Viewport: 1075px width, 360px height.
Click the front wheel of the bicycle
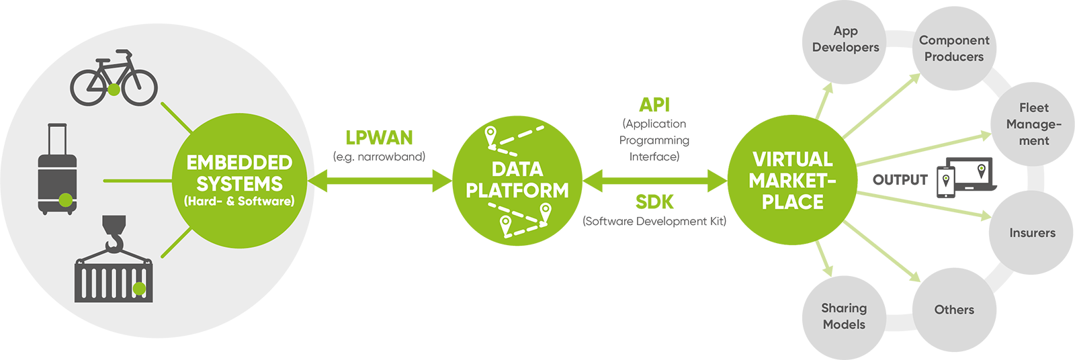[x=140, y=88]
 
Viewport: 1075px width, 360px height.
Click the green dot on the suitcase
[x=65, y=199]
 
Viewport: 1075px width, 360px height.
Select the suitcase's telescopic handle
[x=57, y=138]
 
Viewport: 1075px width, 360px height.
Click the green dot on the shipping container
[x=139, y=288]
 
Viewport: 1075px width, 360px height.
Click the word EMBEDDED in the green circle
[x=239, y=163]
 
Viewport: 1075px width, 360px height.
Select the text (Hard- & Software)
[x=239, y=201]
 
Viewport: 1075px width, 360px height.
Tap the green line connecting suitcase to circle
[x=138, y=181]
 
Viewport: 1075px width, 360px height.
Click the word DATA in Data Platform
[x=517, y=169]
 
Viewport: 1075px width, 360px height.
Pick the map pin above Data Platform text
[x=490, y=135]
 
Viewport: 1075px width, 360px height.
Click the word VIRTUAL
[x=792, y=159]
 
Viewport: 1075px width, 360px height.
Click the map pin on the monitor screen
[x=982, y=170]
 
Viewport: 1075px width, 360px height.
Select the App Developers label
[x=845, y=39]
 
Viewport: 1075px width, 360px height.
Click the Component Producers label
[x=954, y=48]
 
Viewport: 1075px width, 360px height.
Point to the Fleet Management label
[x=1033, y=124]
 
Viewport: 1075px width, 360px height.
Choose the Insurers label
[x=1032, y=233]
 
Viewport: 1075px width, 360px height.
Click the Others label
[x=954, y=310]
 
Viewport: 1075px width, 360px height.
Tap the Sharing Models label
[x=844, y=316]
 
